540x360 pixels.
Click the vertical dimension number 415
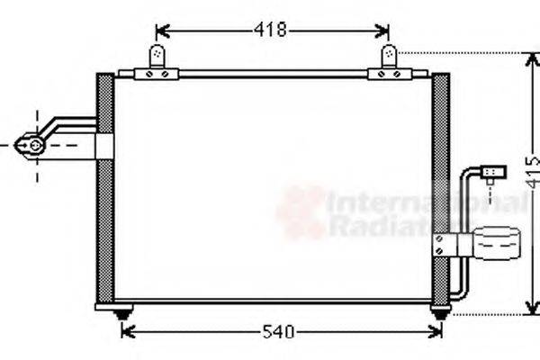(532, 184)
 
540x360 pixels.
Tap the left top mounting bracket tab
(159, 59)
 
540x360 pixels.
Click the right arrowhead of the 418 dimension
(387, 30)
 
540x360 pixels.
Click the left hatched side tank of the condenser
(104, 189)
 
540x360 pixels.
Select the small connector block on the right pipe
(490, 170)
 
